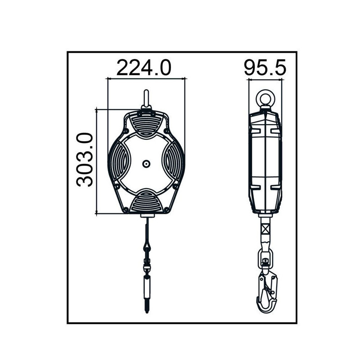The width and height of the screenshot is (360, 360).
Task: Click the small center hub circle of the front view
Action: point(146,164)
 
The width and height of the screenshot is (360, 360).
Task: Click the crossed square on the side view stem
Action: point(265,229)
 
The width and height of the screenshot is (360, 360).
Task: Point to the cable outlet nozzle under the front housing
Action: point(146,217)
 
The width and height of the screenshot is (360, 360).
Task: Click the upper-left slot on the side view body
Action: point(254,131)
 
